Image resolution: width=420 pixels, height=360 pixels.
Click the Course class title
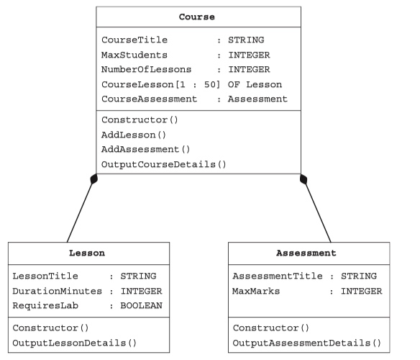[197, 17]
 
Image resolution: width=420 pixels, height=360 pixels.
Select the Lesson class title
[87, 253]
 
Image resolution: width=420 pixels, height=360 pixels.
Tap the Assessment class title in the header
[306, 253]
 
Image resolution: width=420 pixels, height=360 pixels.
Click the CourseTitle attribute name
[134, 40]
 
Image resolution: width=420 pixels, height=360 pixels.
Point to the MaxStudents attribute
[134, 55]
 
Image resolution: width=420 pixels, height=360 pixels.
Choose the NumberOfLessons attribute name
[146, 69]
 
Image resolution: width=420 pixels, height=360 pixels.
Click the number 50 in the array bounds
[210, 84]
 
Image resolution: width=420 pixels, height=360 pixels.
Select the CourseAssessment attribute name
[149, 99]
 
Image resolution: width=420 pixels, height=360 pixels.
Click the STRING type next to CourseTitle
[246, 40]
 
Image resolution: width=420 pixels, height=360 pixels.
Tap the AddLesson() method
[134, 135]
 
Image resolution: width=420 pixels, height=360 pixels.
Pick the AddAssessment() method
[146, 149]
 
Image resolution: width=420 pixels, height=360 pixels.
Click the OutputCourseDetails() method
[164, 164]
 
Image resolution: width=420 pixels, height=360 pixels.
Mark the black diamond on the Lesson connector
[94, 179]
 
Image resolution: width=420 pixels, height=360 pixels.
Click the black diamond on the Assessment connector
[303, 179]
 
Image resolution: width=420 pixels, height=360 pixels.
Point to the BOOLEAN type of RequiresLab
[142, 305]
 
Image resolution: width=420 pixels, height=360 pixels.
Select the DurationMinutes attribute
[58, 291]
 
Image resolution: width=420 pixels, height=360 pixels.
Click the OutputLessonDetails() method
[75, 343]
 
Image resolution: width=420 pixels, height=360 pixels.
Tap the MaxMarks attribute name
[256, 291]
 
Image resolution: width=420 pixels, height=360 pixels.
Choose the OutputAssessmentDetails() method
[306, 343]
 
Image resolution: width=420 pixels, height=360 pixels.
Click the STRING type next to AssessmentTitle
[359, 276]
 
